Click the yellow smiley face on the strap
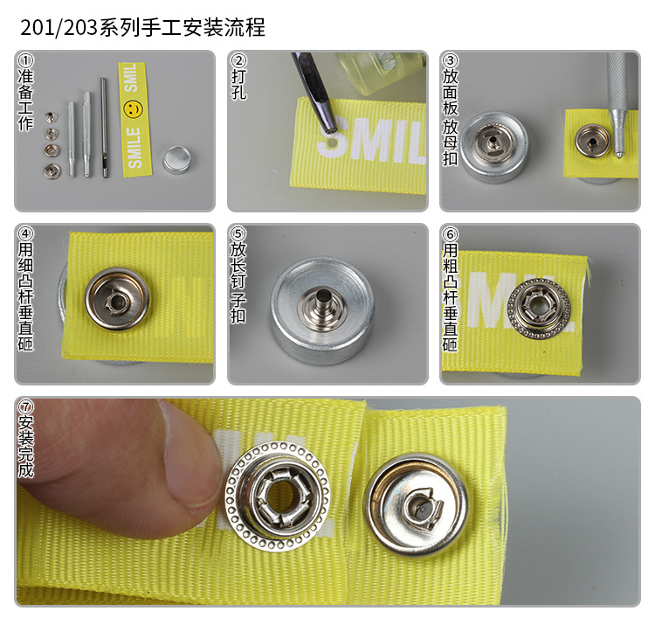132,109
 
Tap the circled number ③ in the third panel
451,61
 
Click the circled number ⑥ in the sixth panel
451,234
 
